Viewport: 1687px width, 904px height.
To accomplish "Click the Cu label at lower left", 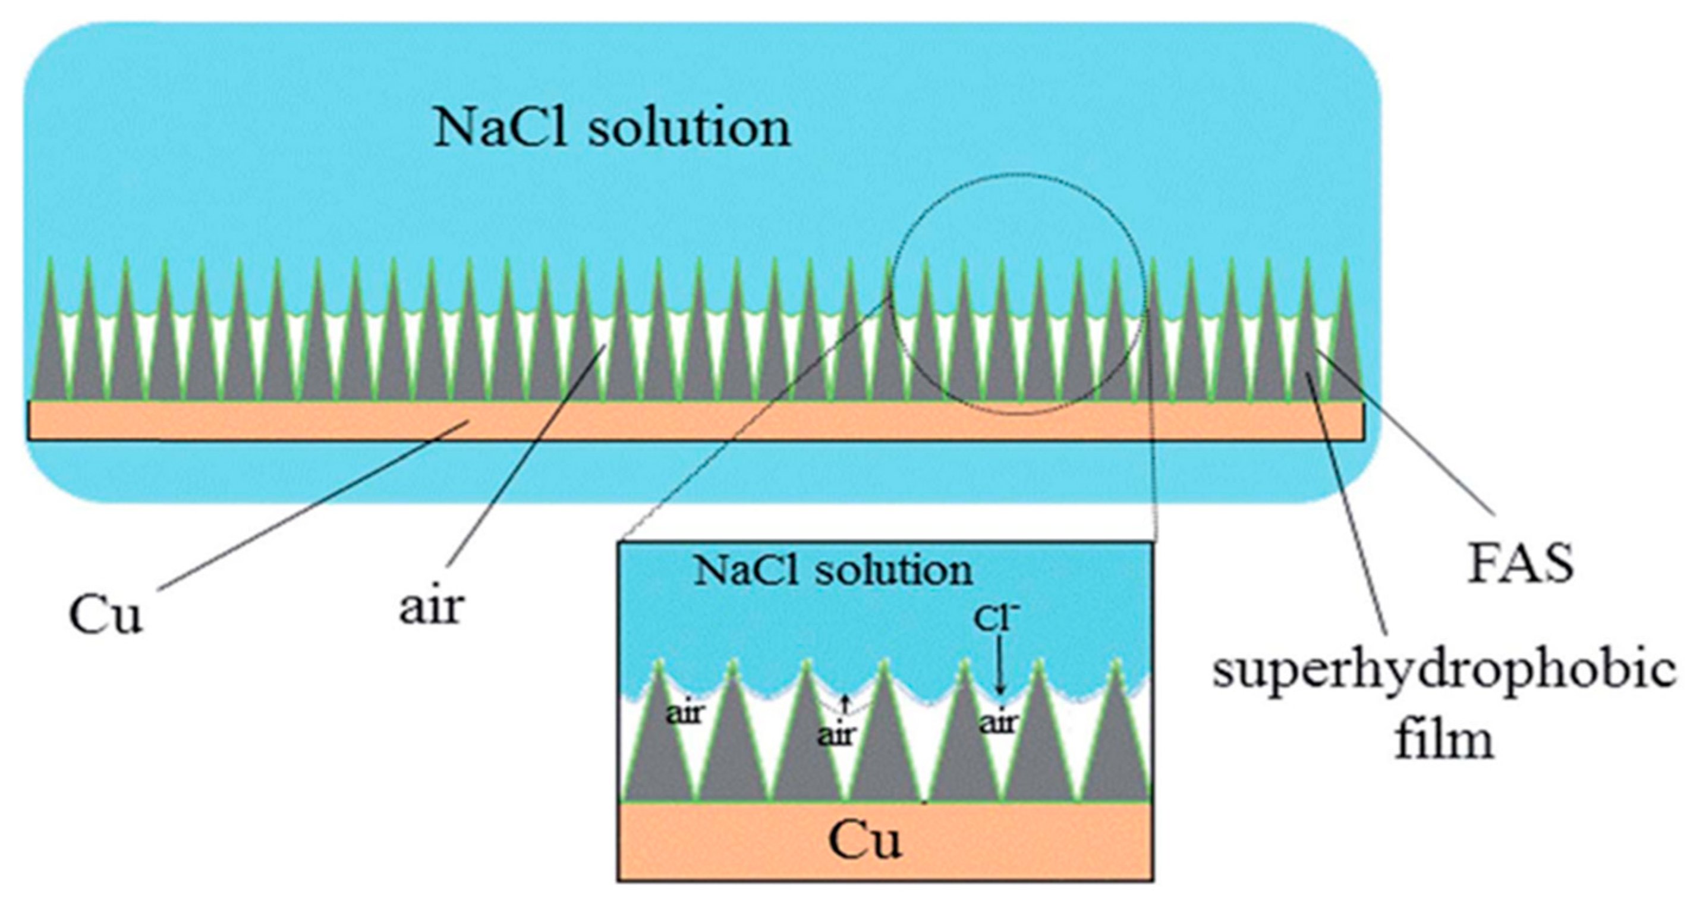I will (x=105, y=616).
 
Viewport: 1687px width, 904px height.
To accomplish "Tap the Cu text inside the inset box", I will (x=864, y=840).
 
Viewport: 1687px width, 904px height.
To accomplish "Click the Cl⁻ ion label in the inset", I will (x=997, y=619).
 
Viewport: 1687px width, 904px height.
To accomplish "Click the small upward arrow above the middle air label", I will (x=845, y=705).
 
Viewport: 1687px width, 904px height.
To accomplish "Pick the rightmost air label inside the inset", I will (x=999, y=723).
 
